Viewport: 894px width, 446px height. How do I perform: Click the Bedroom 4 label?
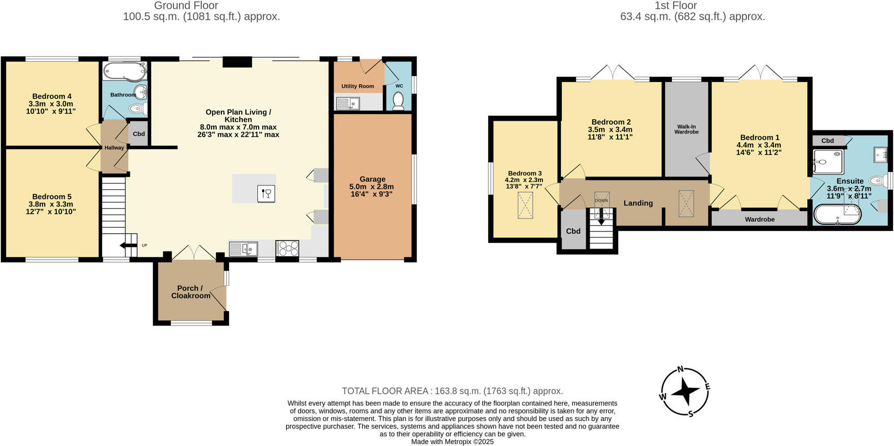click(51, 96)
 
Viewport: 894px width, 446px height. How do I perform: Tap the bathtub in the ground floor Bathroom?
click(124, 72)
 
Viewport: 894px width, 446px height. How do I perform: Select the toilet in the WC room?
click(398, 100)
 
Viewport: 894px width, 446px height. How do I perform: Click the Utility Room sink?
click(348, 104)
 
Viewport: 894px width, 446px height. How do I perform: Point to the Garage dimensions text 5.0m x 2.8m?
click(372, 187)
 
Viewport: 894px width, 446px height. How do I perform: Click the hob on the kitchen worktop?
click(287, 249)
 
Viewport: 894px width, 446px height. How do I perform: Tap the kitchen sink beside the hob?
click(243, 249)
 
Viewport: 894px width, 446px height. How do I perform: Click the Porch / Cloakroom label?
click(190, 292)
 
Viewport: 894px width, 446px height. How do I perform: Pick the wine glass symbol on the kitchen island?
click(267, 193)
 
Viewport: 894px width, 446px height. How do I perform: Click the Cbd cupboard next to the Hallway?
click(139, 134)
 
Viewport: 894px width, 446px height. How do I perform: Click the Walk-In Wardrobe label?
click(686, 129)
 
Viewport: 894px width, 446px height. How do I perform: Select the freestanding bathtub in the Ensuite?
click(838, 215)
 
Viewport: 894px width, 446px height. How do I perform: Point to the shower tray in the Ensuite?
click(828, 162)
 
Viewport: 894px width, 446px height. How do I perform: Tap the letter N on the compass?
click(681, 369)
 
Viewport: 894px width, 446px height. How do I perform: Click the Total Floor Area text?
click(452, 391)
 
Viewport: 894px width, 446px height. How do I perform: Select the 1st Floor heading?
click(676, 6)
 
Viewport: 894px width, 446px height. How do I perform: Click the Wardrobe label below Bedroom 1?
click(759, 219)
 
